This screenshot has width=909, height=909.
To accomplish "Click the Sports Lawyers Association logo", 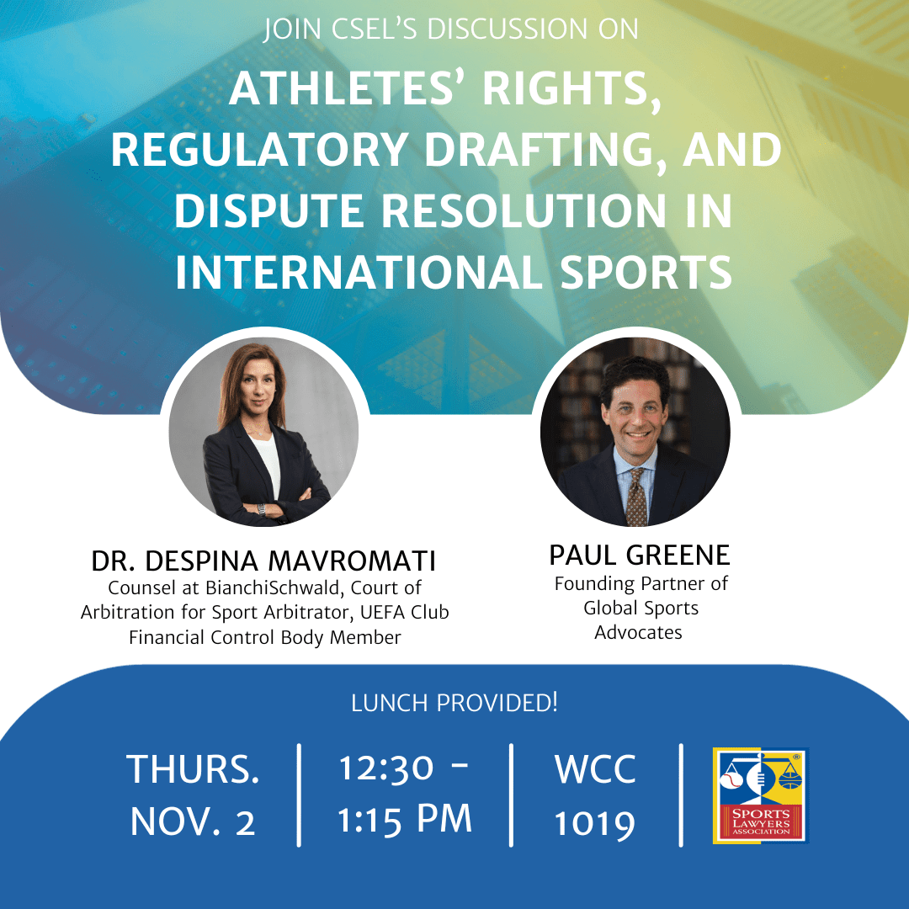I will pyautogui.click(x=759, y=795).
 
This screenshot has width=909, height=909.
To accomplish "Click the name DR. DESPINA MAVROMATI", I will pyautogui.click(x=264, y=561).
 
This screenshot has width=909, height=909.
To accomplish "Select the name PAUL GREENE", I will pyautogui.click(x=639, y=555).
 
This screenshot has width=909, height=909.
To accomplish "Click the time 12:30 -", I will pyautogui.click(x=405, y=768).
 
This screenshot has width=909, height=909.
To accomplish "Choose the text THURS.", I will pyautogui.click(x=193, y=769).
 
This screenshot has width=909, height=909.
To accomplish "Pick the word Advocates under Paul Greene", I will pyautogui.click(x=638, y=632).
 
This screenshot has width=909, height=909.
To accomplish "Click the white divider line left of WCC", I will pyautogui.click(x=512, y=794).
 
